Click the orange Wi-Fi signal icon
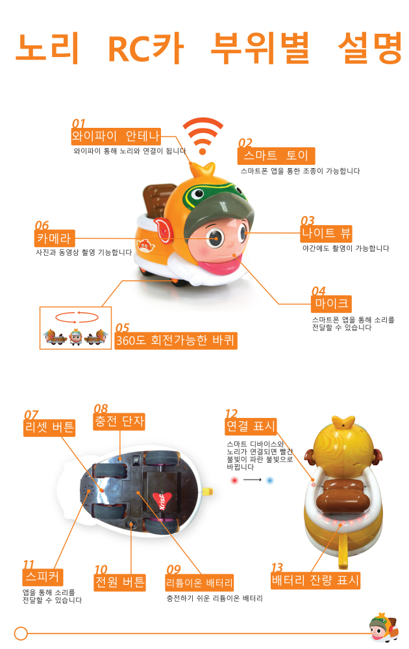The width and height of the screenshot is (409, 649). tap(203, 135)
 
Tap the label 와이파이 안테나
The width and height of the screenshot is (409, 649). tap(116, 136)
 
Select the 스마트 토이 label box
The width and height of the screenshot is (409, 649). tap(276, 156)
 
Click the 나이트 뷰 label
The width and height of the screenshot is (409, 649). tap(326, 234)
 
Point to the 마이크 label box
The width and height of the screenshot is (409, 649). tap(331, 304)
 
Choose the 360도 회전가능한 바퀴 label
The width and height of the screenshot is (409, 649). tap(175, 340)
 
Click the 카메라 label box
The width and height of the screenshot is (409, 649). tap(55, 238)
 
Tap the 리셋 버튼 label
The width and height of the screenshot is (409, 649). tap(49, 428)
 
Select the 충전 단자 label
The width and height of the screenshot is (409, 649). tap(119, 422)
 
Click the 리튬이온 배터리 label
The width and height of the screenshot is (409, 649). tap(199, 583)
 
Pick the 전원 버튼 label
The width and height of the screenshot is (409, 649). tap(120, 582)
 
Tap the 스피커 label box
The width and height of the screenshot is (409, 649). tap(43, 576)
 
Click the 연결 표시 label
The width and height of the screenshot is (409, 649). tap(251, 426)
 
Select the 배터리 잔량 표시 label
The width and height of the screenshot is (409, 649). tap(316, 580)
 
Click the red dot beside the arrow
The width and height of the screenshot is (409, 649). tap(234, 480)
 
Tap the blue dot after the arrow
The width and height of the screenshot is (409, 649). tap(270, 480)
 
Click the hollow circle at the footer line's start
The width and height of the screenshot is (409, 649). tap(21, 633)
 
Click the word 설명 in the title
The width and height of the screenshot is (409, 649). tap(369, 48)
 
